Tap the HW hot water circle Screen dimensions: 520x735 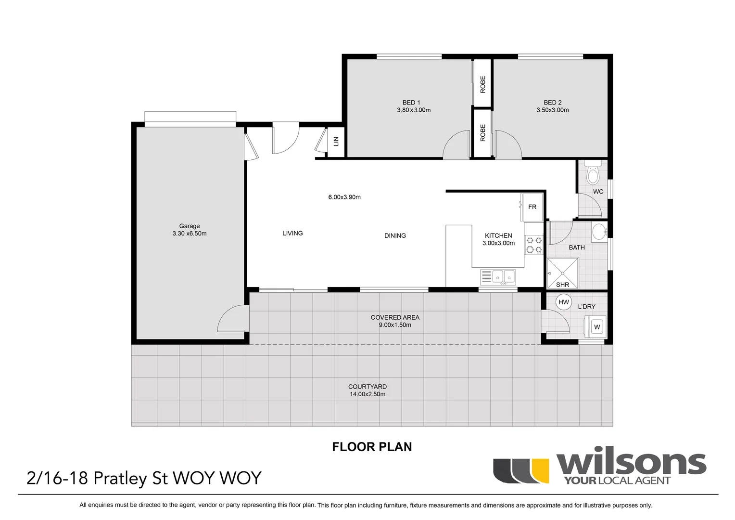pyautogui.click(x=564, y=302)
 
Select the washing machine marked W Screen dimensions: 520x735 pyautogui.click(x=597, y=327)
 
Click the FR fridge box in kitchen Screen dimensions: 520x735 pyautogui.click(x=532, y=207)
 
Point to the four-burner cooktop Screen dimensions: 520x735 pyautogui.click(x=533, y=245)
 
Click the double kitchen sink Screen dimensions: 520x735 pyautogui.click(x=503, y=276)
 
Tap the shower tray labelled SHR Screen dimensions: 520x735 pyautogui.click(x=563, y=273)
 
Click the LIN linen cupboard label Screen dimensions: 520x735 pyautogui.click(x=336, y=142)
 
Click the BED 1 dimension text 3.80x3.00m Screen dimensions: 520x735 pyautogui.click(x=410, y=110)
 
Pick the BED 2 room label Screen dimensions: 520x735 pyautogui.click(x=553, y=103)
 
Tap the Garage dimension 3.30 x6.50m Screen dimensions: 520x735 pyautogui.click(x=190, y=234)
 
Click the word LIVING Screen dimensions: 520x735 pyautogui.click(x=292, y=233)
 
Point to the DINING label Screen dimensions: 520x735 pyautogui.click(x=395, y=235)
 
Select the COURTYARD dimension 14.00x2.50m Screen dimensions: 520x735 pyautogui.click(x=367, y=394)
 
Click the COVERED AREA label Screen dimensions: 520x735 pyautogui.click(x=395, y=317)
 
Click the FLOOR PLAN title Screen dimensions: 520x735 pyautogui.click(x=372, y=447)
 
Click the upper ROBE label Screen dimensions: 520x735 pyautogui.click(x=483, y=84)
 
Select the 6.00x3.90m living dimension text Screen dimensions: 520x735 pyautogui.click(x=344, y=197)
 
